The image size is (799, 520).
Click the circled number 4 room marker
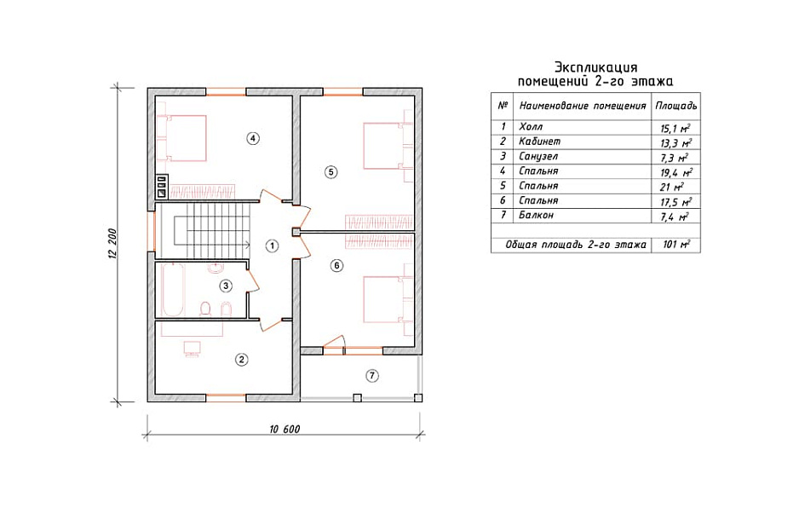(x=253, y=138)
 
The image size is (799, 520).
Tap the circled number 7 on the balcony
(x=372, y=376)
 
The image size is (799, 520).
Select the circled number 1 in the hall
(x=272, y=246)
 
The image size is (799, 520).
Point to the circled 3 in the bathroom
(x=226, y=286)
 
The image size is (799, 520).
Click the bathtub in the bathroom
(x=172, y=290)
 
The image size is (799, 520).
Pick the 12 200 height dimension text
(x=112, y=243)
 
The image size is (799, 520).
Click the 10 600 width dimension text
(x=285, y=430)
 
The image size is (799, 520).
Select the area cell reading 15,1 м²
(x=675, y=128)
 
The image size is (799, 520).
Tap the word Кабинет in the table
(x=540, y=142)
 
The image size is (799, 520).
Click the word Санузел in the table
(x=538, y=157)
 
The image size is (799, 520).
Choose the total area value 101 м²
(x=676, y=245)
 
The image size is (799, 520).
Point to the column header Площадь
(x=675, y=106)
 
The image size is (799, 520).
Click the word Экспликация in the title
(x=595, y=68)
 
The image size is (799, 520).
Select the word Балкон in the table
(x=536, y=215)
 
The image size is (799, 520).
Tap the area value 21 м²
(x=671, y=187)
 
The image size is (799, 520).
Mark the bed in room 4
(x=182, y=138)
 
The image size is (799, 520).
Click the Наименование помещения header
(x=583, y=106)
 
